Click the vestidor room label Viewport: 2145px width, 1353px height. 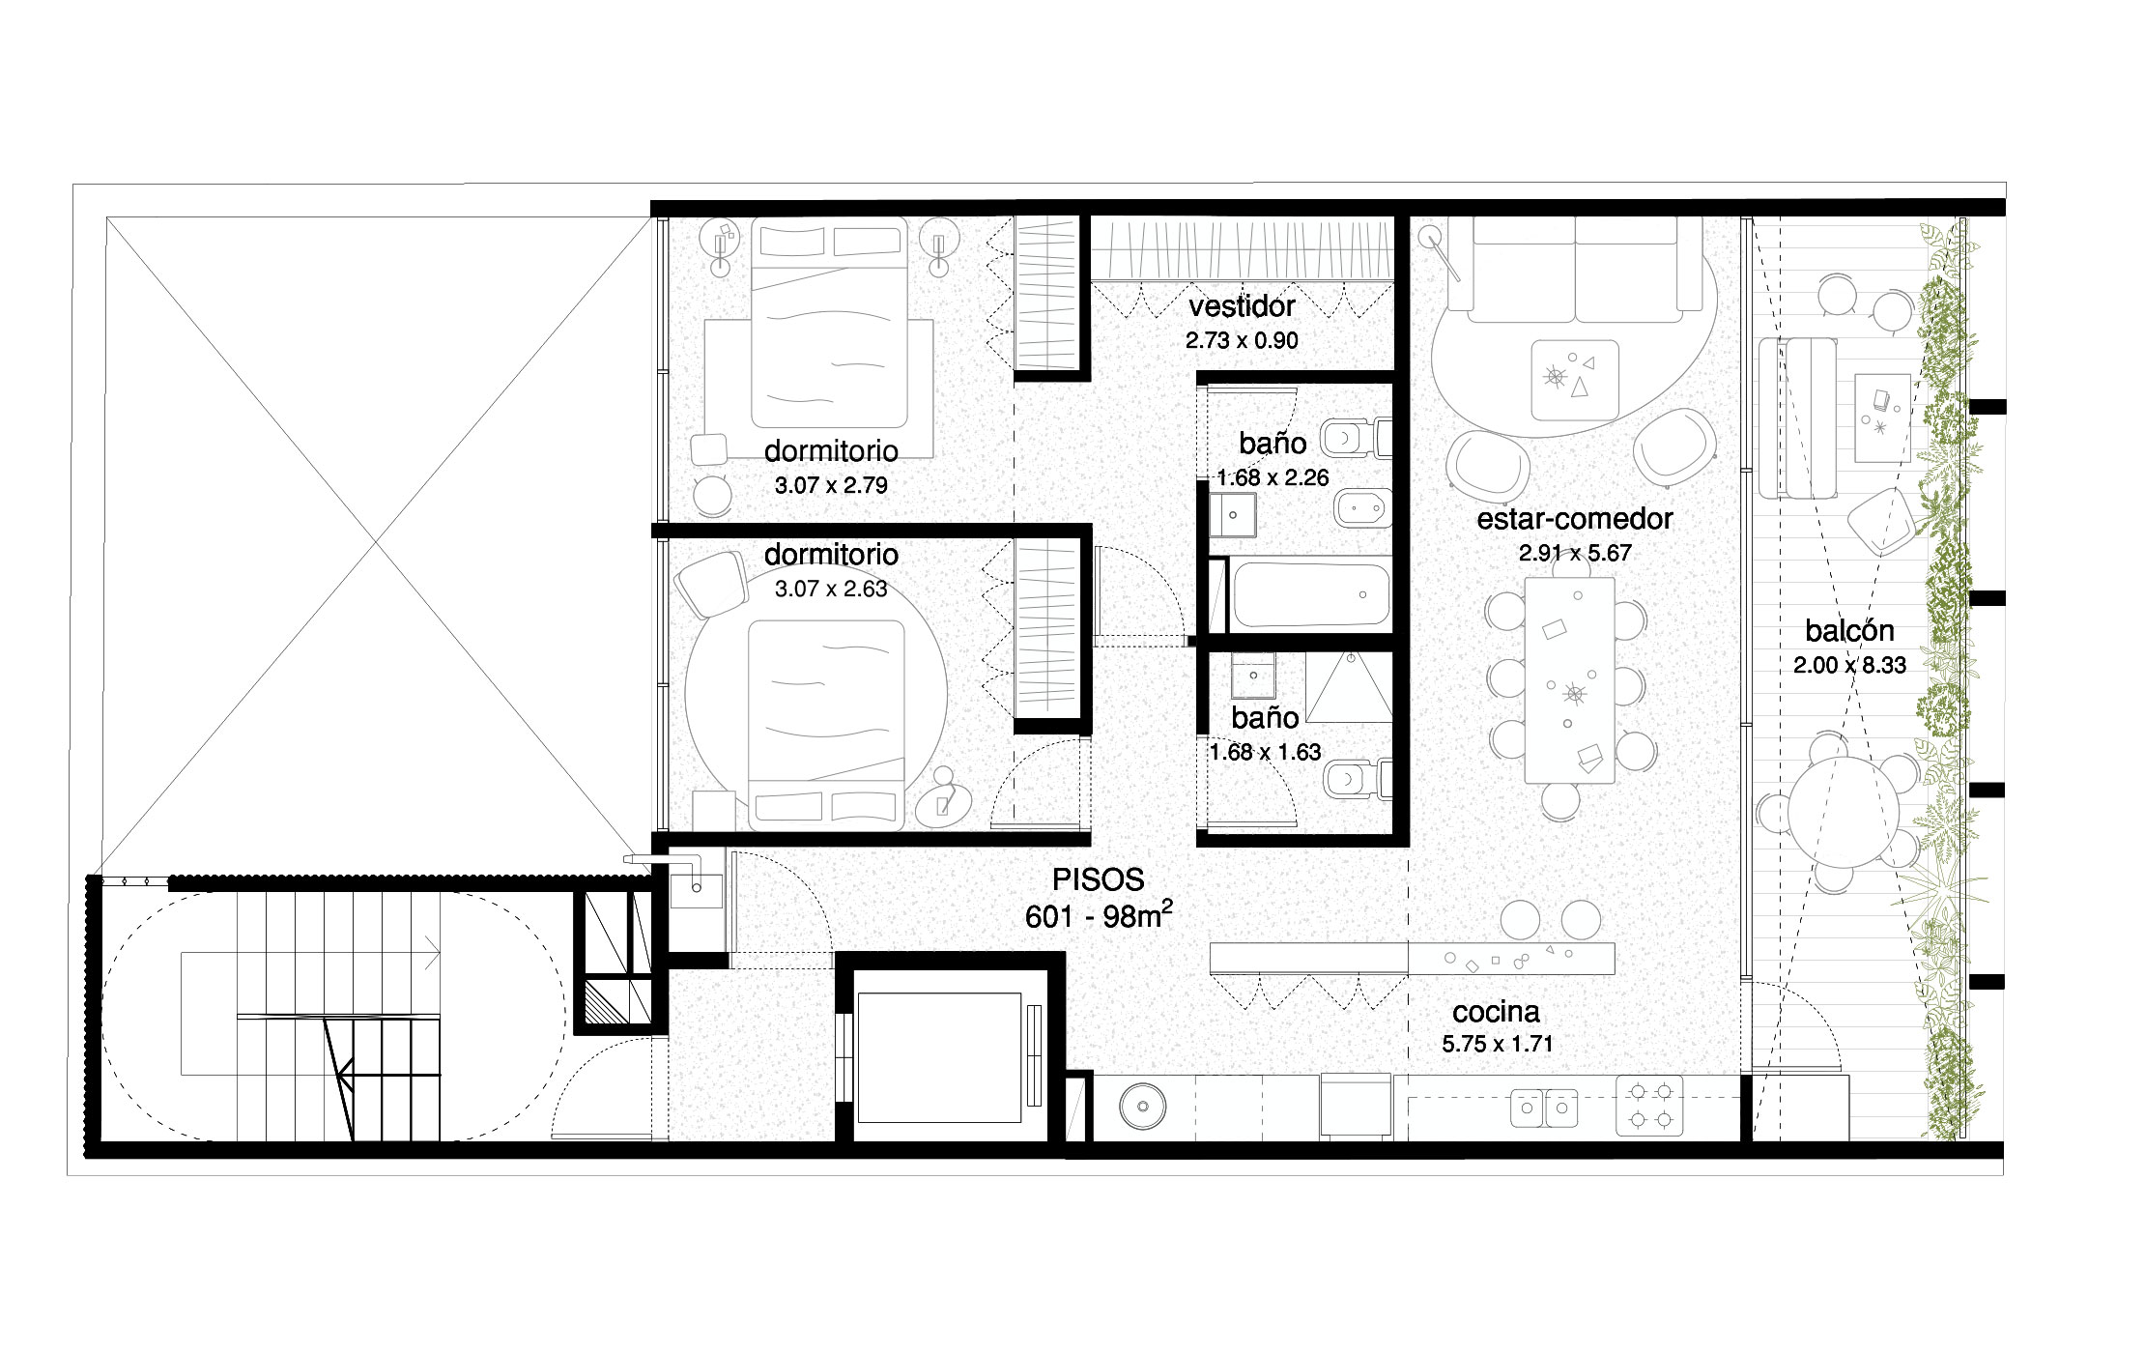tap(1242, 306)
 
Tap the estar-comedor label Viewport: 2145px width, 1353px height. tap(1575, 519)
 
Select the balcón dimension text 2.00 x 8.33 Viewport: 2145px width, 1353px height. tap(1849, 665)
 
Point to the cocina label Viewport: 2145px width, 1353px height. tap(1496, 1012)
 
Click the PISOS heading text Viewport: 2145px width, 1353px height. tap(1099, 878)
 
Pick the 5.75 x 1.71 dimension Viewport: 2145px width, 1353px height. tap(1497, 1045)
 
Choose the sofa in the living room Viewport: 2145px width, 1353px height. tap(1574, 270)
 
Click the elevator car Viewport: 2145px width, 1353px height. tap(940, 1056)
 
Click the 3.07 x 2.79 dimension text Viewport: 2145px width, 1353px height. tap(831, 485)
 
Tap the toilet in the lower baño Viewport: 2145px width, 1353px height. tap(1359, 779)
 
